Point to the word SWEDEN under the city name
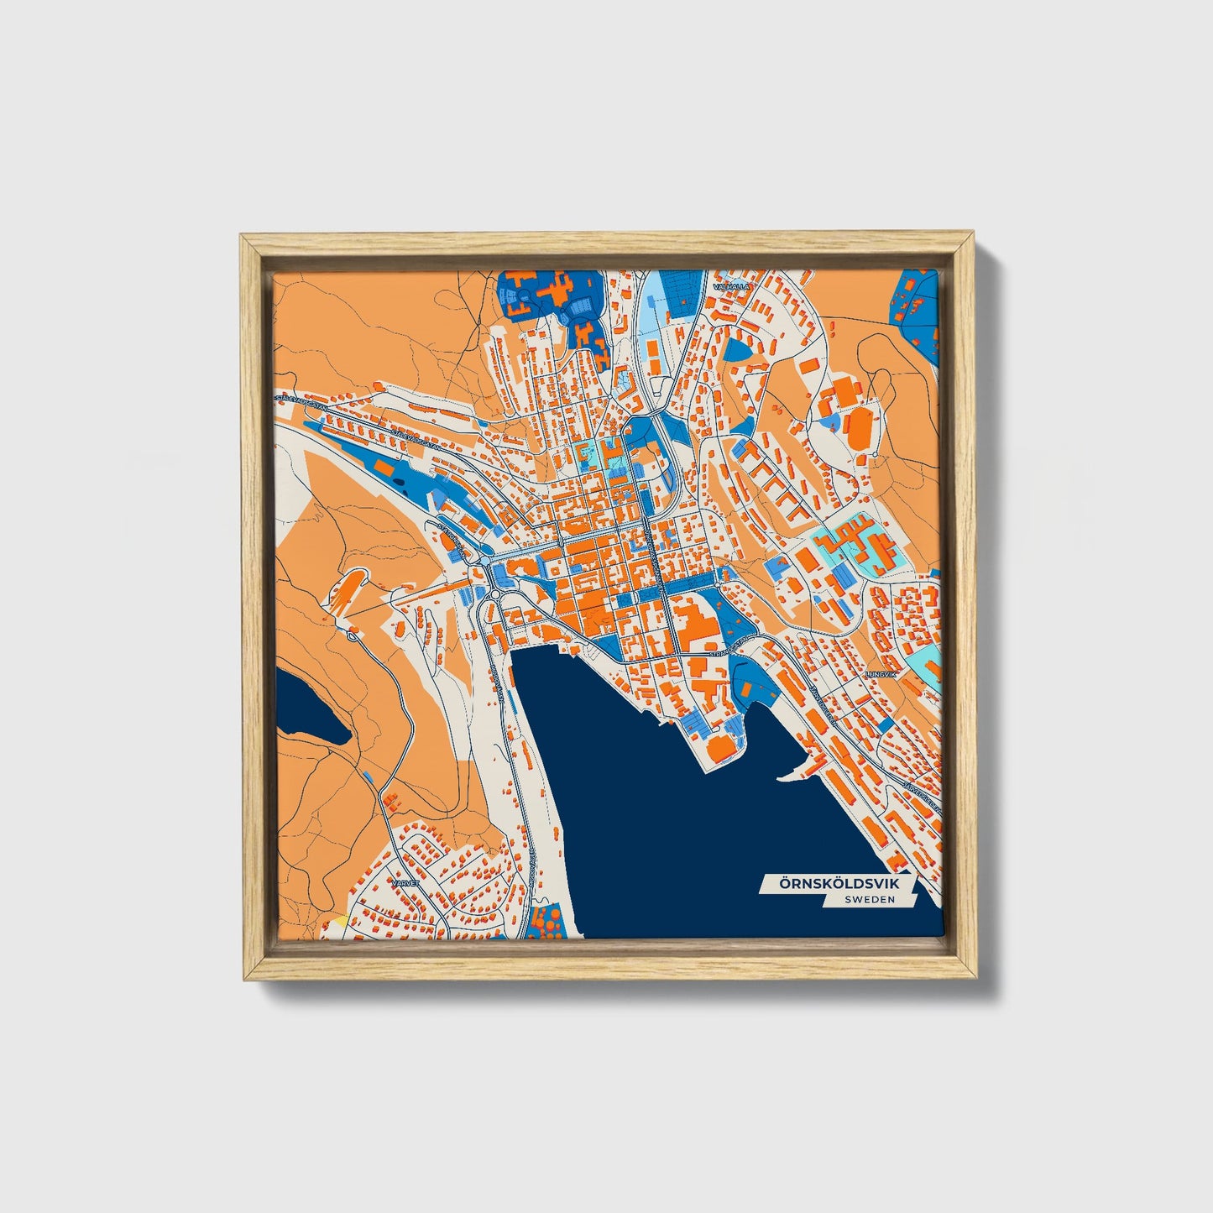pyautogui.click(x=870, y=899)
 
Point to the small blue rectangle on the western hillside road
pyautogui.click(x=369, y=773)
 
